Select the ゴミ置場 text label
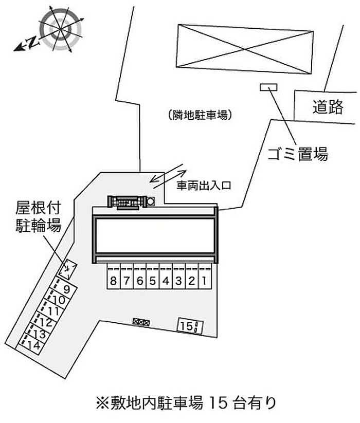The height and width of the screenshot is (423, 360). tap(298, 153)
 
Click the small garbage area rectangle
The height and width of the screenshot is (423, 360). tap(268, 87)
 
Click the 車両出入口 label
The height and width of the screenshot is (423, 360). tap(204, 186)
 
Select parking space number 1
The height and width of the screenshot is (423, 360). tap(204, 281)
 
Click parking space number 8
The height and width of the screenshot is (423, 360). tap(113, 281)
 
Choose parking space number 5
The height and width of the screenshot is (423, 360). tap(152, 281)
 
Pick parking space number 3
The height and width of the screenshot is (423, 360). tap(178, 281)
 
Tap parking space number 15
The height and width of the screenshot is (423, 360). tap(190, 325)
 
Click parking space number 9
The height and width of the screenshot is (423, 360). tap(66, 289)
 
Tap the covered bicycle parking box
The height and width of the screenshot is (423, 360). tap(68, 268)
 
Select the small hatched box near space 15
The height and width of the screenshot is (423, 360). tap(141, 322)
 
